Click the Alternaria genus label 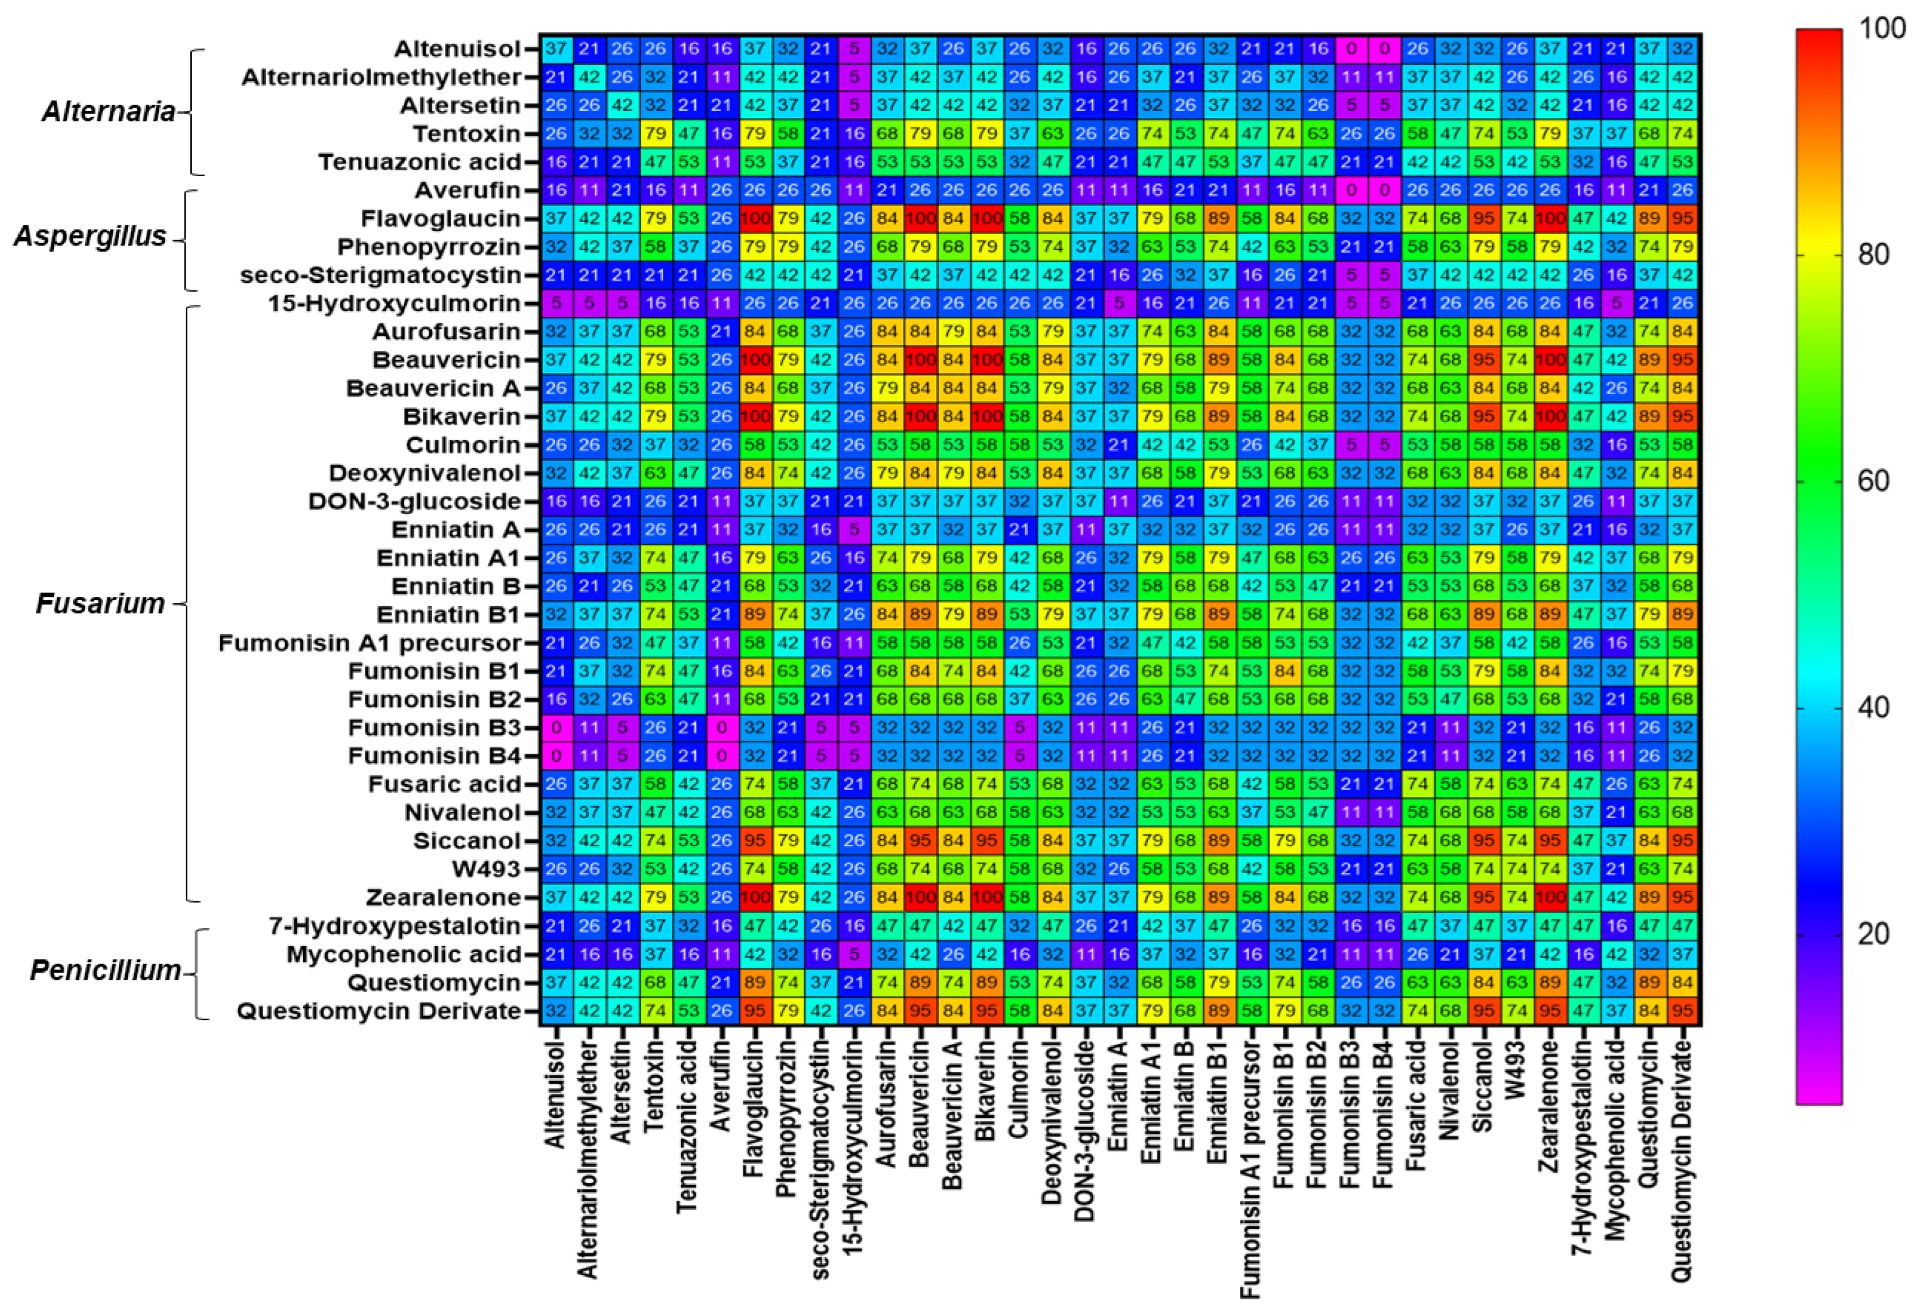click(108, 111)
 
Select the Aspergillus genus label click(90, 236)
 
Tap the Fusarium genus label click(100, 604)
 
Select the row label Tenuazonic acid click(419, 162)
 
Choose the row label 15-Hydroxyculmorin click(394, 303)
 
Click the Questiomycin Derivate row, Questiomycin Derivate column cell click(1682, 1011)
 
